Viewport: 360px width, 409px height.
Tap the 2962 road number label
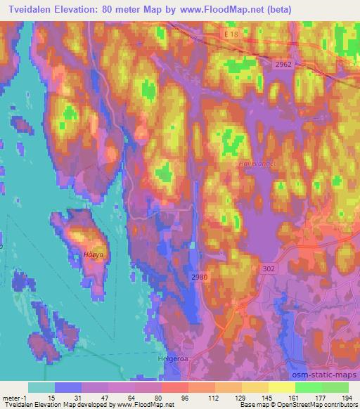click(x=283, y=64)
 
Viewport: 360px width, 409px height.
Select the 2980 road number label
click(x=199, y=277)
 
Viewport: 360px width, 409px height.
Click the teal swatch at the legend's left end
click(x=41, y=387)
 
